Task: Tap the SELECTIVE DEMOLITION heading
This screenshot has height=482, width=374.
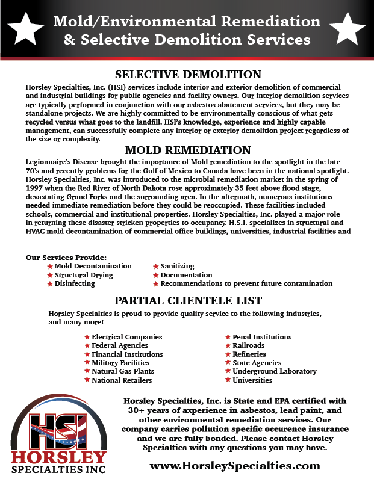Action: point(188,75)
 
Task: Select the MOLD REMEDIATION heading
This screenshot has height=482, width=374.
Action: point(187,150)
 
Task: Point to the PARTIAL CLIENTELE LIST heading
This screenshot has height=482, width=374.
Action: point(188,300)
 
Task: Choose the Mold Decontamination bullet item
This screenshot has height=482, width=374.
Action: point(93,266)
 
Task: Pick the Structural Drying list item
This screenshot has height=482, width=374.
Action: point(84,275)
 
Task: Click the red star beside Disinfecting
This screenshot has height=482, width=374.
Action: point(50,284)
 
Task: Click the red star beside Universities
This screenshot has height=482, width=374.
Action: point(228,380)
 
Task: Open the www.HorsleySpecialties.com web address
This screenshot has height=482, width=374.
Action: point(234,465)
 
